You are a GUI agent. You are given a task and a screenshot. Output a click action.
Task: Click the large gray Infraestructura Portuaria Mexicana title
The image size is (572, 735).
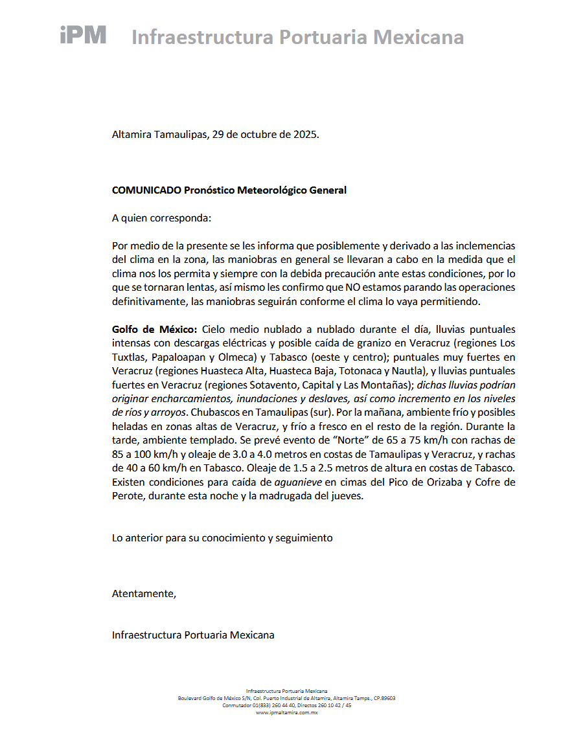point(297,37)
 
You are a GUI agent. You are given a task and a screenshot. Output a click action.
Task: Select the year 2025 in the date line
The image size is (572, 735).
point(305,135)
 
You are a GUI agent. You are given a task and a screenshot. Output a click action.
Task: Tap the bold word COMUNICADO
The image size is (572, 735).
point(146,190)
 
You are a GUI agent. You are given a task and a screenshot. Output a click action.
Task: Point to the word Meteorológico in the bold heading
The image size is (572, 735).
point(273,190)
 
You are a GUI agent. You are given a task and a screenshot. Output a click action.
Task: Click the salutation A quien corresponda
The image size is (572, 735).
point(161,218)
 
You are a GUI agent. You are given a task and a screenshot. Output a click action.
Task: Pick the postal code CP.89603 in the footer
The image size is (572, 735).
point(384,699)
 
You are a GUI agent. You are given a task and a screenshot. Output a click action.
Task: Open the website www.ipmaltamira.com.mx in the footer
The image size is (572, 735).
point(286,712)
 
